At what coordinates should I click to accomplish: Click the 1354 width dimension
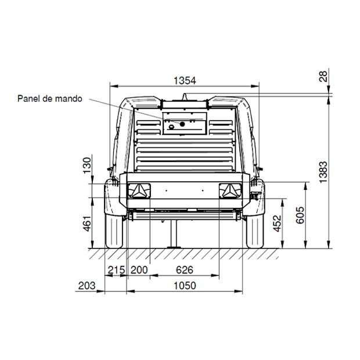pos(185,81)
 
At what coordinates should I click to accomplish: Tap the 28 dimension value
pos(323,77)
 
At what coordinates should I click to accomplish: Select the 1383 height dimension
pos(323,172)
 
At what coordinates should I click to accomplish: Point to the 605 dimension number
pos(300,215)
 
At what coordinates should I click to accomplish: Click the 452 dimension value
pos(277,223)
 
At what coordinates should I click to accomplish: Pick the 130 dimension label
pos(87,165)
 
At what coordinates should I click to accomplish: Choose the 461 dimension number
pos(87,224)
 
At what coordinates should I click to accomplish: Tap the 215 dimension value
pos(116,270)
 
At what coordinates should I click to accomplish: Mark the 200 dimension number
pos(139,270)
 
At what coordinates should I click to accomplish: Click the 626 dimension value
pos(185,270)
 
